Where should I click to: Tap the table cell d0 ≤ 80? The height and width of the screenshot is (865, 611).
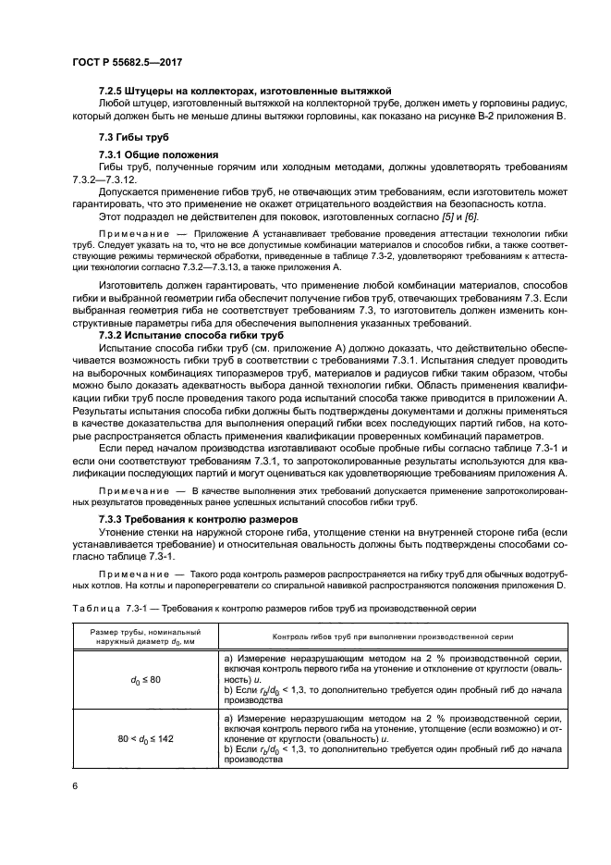click(130, 680)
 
